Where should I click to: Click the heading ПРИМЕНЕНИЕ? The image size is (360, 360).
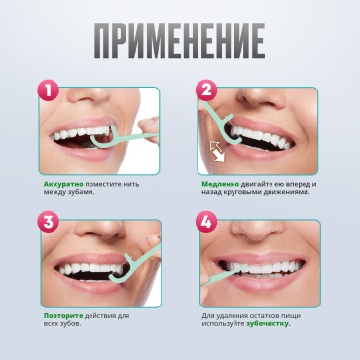pos(180,41)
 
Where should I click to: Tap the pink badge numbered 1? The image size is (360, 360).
pos(49,90)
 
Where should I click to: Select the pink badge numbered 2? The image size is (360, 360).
pos(206,90)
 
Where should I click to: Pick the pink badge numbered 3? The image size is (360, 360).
pos(49,222)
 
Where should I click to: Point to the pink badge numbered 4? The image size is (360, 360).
pos(206,222)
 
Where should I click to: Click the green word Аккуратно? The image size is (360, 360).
pos(63,184)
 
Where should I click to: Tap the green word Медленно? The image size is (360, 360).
pos(221,184)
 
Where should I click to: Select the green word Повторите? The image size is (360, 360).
pos(63,316)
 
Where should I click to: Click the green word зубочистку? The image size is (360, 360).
pos(269,323)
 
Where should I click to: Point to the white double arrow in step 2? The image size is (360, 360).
pos(218,152)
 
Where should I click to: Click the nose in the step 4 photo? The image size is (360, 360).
pos(257,231)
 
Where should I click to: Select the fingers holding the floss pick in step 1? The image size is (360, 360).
pos(149,129)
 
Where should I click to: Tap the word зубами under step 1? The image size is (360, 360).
pos(79,192)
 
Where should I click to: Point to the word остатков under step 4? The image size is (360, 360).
pos(253,316)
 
